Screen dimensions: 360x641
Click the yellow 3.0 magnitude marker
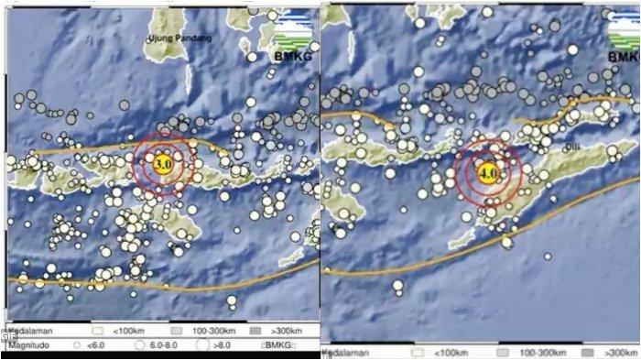click(163, 163)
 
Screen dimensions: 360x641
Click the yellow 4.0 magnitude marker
click(487, 169)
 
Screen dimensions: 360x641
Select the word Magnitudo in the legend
click(26, 345)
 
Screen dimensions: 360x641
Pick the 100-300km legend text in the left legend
click(212, 330)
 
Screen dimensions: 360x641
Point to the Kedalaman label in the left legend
click(27, 330)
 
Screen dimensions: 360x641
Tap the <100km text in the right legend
click(440, 352)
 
